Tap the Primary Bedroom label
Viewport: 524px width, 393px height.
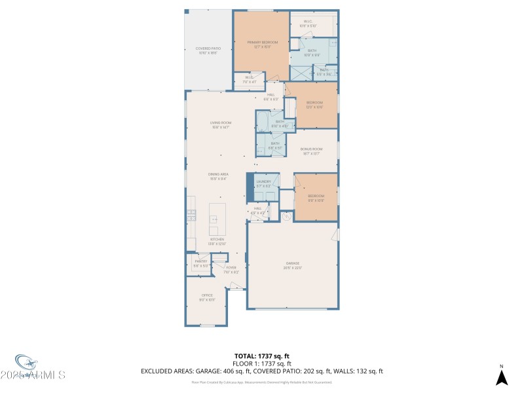point(262,43)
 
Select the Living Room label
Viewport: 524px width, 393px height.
point(221,122)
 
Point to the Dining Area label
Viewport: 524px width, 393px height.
point(217,174)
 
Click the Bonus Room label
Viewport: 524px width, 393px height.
point(311,149)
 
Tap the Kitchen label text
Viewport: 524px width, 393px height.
point(216,239)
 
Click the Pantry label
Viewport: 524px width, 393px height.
point(200,261)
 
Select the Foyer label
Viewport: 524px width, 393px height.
point(231,267)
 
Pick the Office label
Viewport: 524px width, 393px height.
point(206,295)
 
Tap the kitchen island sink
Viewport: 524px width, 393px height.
point(214,219)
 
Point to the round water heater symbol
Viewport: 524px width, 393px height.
point(286,217)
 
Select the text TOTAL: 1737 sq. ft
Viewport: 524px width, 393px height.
point(261,356)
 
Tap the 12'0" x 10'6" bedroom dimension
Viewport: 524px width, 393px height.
point(315,107)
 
